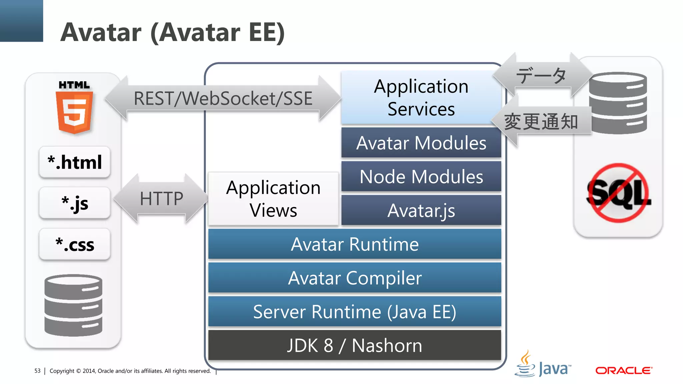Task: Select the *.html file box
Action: (75, 162)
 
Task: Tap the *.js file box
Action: (75, 203)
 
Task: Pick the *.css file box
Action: (75, 244)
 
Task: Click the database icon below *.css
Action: (73, 305)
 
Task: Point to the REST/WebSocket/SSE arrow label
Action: (223, 98)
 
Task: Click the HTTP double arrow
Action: (161, 199)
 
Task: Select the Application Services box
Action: (421, 97)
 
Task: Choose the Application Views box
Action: (273, 199)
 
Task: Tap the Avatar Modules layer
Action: (421, 143)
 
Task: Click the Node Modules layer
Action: (421, 177)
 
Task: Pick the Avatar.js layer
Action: (421, 210)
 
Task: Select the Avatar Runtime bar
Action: (355, 244)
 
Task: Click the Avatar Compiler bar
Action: (355, 278)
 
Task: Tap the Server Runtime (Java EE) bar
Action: (355, 312)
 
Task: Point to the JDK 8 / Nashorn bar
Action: (355, 345)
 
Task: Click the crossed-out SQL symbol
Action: (618, 193)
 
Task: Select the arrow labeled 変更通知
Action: (541, 121)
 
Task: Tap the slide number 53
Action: (37, 371)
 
